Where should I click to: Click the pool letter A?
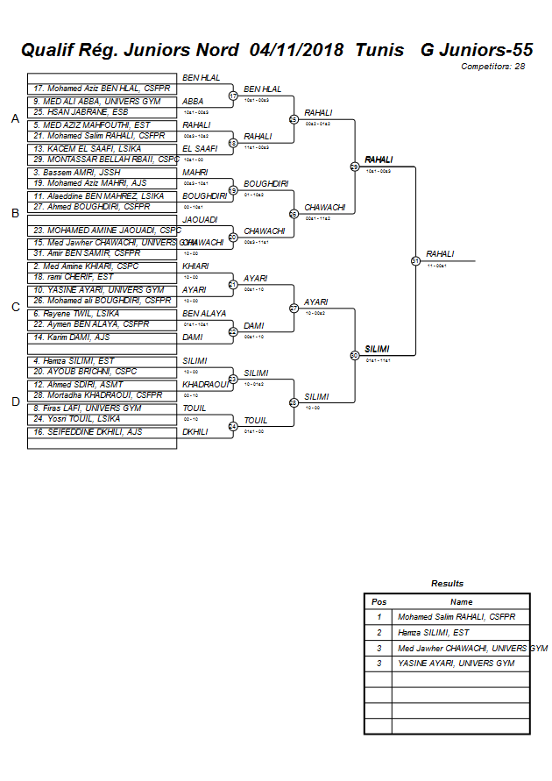(15, 119)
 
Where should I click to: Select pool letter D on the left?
(15, 401)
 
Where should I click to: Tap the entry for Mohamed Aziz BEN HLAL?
(96, 89)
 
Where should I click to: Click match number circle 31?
(415, 260)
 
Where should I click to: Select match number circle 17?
(233, 96)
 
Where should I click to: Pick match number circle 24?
(233, 427)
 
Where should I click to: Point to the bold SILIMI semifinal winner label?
(377, 349)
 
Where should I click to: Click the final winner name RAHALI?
(440, 254)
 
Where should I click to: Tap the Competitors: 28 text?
(495, 67)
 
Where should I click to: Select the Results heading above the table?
(447, 584)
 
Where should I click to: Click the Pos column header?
(379, 602)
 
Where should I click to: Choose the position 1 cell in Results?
(379, 617)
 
